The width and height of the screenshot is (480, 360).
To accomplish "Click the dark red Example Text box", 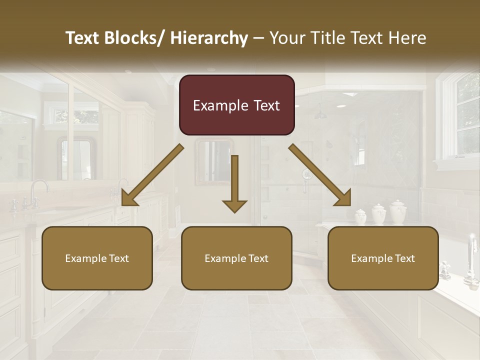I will [x=236, y=105].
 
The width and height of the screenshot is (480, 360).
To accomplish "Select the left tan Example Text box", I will [x=97, y=258].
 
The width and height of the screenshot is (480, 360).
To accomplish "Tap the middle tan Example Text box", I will [x=236, y=258].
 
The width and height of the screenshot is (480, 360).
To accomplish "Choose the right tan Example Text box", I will [x=383, y=258].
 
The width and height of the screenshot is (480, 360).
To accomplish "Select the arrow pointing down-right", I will [x=320, y=175].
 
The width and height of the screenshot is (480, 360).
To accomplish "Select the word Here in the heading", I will [x=407, y=38].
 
